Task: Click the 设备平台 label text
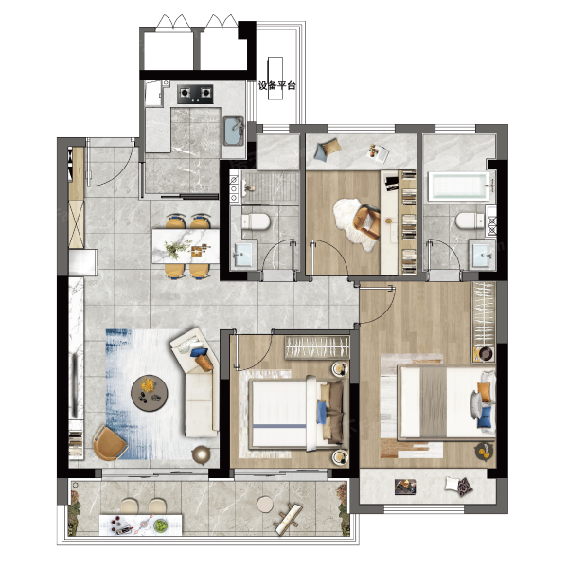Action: pos(277,85)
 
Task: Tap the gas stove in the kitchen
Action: pos(195,94)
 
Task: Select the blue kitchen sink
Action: pos(233,131)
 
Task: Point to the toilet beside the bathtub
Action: pos(470,221)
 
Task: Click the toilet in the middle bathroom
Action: pos(256,222)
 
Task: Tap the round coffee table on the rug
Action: pos(150,393)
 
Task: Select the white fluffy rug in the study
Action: pos(353,224)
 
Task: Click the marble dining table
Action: pos(186,246)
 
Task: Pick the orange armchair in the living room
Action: pos(109,443)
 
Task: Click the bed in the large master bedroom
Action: pos(446,402)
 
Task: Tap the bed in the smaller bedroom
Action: pos(296,414)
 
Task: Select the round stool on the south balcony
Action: pos(265,505)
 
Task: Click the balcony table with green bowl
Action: pos(141,524)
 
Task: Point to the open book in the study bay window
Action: pos(378,152)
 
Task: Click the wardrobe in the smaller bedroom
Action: pos(317,347)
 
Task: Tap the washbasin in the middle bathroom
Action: pos(244,254)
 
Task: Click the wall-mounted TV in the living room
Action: pos(75,386)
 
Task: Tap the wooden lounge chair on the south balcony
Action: pos(289,520)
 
